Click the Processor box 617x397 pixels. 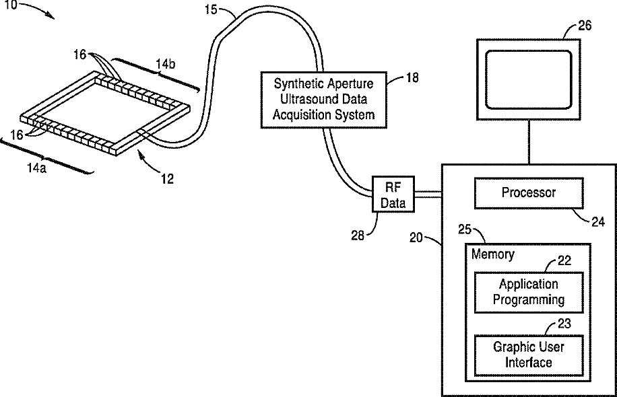[528, 192]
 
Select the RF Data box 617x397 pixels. [393, 194]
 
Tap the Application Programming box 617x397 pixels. [528, 292]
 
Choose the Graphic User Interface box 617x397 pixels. [528, 355]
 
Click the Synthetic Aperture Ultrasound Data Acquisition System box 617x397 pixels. [323, 100]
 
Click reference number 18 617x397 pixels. [411, 77]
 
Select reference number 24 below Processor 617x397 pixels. [597, 220]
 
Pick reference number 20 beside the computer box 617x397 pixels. [418, 237]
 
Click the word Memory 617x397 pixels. [492, 254]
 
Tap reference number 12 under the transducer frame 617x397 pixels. [166, 178]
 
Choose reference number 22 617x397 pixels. [564, 261]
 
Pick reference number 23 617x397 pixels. [564, 324]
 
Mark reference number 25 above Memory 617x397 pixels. [465, 229]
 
